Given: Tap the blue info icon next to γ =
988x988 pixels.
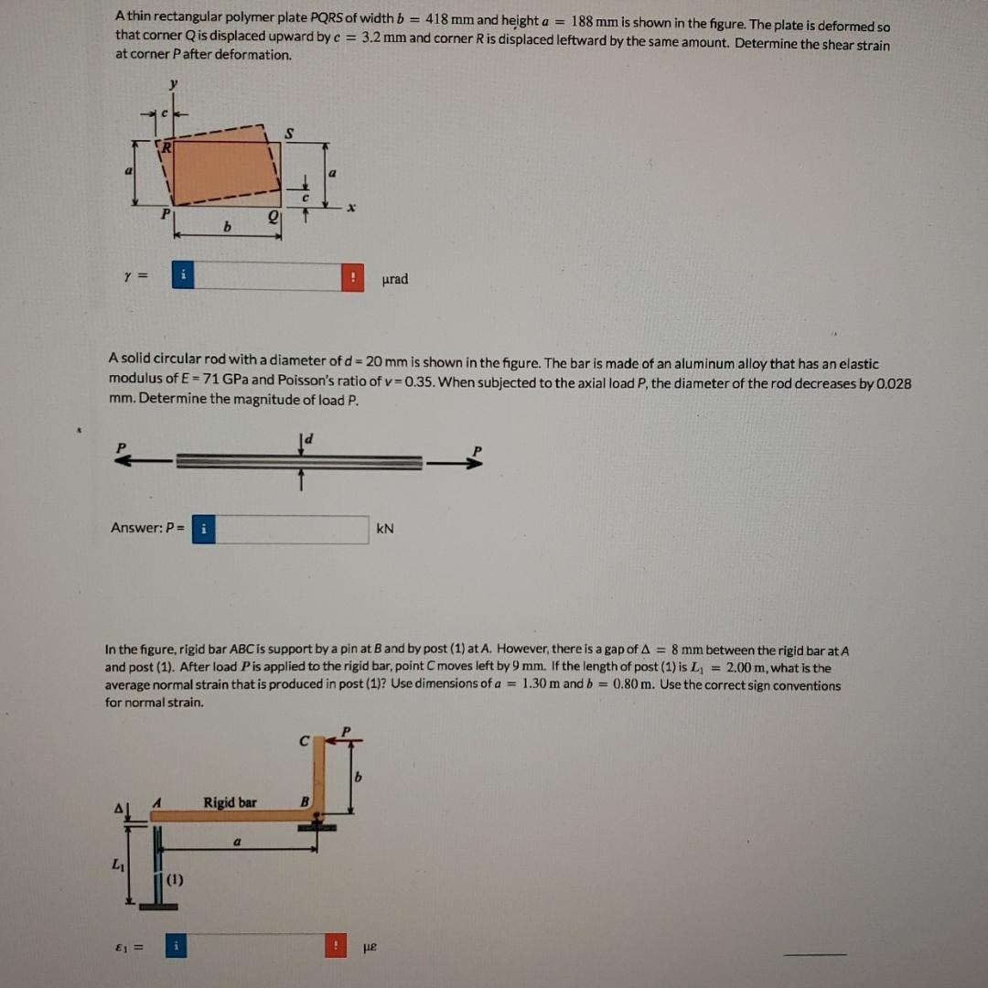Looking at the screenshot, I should (183, 275).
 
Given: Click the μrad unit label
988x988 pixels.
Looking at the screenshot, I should (394, 279).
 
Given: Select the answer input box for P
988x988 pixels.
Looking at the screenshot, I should (292, 529).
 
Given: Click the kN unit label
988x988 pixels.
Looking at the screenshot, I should (385, 529).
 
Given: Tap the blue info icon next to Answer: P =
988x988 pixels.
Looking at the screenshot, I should (203, 529).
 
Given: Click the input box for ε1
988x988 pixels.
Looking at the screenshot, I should (252, 946).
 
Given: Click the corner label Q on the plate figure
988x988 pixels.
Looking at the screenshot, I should (272, 217).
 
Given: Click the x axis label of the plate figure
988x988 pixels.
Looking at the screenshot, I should (350, 209).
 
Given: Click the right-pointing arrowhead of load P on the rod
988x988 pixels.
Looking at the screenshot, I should (472, 464).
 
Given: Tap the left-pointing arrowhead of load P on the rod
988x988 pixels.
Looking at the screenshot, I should (123, 463).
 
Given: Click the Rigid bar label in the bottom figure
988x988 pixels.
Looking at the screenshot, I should (230, 802).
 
